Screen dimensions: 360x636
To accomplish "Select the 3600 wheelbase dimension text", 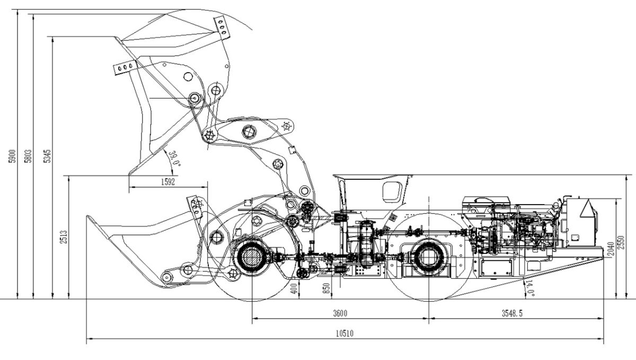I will [x=340, y=313].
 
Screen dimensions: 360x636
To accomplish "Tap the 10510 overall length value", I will [x=344, y=333].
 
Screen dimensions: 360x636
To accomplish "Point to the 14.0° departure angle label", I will [x=528, y=289].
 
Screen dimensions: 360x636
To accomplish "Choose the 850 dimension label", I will [x=326, y=288].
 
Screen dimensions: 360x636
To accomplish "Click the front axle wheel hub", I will [x=251, y=257].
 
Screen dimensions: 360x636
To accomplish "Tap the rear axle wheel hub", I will [x=428, y=257].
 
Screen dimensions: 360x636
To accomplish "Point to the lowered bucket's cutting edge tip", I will [x=88, y=216].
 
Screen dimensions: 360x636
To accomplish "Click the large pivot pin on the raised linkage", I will [x=249, y=131].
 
